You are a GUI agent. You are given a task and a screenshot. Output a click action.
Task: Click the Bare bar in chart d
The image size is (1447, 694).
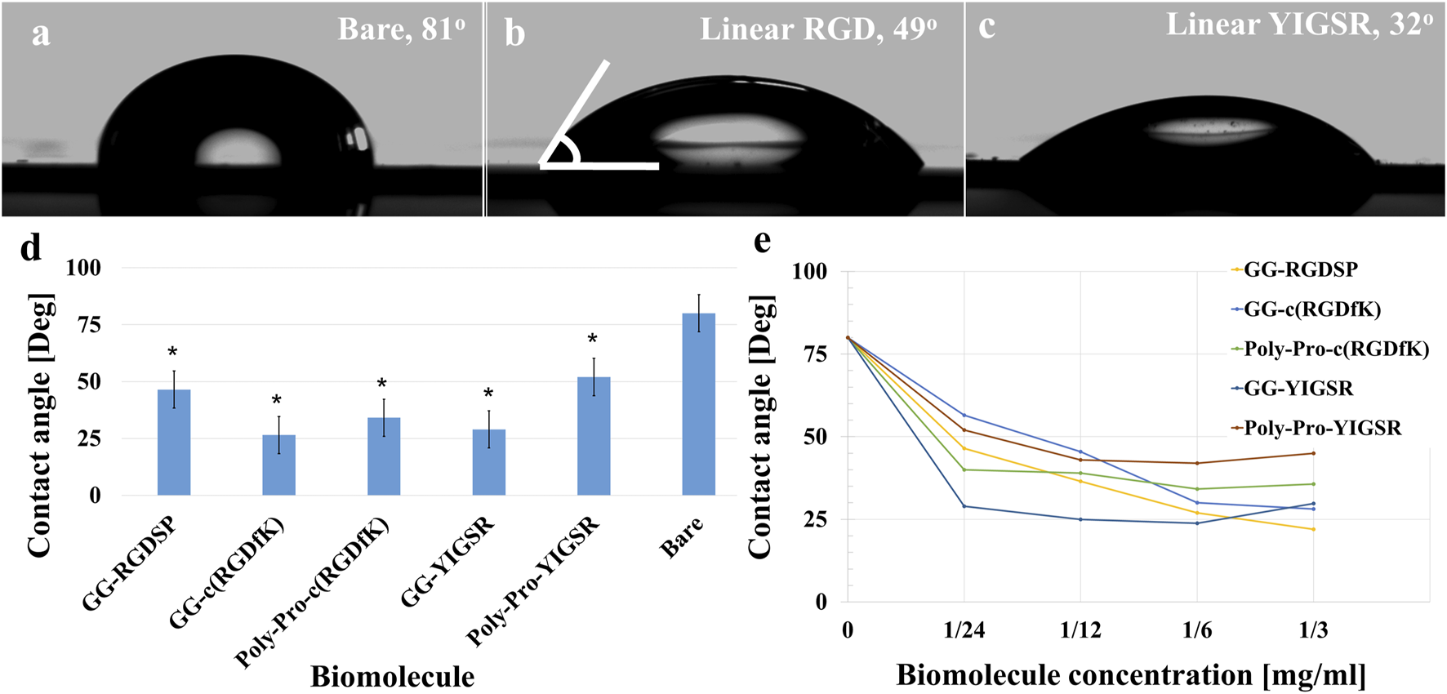coord(698,404)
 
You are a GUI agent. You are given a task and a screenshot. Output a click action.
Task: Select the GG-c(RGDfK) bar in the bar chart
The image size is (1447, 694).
coord(278,465)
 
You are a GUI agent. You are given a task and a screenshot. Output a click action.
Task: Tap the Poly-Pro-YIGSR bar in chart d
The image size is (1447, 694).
coord(594,436)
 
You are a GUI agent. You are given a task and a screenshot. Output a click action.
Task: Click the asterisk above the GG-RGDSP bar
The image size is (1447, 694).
coord(173,353)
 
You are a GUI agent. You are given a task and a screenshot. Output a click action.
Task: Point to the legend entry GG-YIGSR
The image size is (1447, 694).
coord(1298,389)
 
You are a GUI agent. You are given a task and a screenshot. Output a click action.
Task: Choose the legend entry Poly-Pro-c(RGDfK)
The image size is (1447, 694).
coord(1336,349)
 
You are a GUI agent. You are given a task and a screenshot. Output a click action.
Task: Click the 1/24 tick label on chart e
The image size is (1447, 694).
coord(964,630)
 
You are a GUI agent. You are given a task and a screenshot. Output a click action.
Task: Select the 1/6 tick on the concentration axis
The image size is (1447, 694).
coord(1197,630)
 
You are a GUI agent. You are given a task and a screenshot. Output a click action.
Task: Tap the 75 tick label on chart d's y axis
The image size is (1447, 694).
coord(84,325)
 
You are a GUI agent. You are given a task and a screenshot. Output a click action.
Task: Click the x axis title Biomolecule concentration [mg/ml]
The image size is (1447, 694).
coord(1131,676)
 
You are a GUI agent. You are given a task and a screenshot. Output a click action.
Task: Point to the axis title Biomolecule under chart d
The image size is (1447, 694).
coord(392,677)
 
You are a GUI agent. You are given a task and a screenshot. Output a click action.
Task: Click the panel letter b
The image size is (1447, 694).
coord(514,33)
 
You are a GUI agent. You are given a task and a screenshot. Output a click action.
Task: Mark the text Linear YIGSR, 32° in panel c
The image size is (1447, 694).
coord(1298,24)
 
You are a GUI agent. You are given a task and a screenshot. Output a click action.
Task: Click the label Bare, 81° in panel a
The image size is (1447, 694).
coord(401,29)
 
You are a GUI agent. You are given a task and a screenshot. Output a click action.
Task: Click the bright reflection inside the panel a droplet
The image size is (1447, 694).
coord(238,151)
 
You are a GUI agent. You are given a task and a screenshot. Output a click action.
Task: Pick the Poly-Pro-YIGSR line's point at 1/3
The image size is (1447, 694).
coord(1313,453)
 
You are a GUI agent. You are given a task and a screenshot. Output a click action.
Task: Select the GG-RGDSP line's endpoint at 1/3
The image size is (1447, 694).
coord(1313,529)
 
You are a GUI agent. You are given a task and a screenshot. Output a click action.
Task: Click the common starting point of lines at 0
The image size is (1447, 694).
coord(848,337)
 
